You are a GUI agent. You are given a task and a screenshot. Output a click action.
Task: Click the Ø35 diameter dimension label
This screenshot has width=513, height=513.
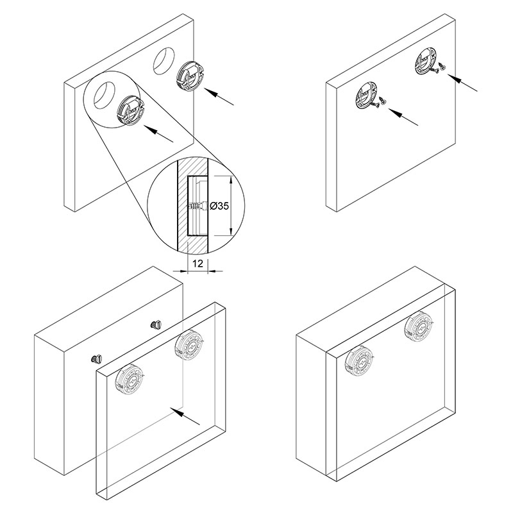(219, 206)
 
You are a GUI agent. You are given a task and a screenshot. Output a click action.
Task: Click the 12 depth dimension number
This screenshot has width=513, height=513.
(198, 263)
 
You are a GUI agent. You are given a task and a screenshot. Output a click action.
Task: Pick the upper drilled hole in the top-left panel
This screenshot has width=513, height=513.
(164, 62)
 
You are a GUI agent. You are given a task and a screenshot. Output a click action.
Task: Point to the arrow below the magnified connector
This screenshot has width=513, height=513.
(158, 134)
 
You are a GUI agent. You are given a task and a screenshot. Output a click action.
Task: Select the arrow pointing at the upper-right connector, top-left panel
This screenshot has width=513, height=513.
(219, 97)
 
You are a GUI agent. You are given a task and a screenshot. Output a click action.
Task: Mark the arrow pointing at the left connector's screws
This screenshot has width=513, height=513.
(403, 117)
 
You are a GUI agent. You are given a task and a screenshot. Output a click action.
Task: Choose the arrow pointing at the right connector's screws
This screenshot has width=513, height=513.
(462, 83)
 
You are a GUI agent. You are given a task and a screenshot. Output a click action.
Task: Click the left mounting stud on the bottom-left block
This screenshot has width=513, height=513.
(97, 359)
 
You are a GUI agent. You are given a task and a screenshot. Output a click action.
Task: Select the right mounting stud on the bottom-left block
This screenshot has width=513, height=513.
(156, 325)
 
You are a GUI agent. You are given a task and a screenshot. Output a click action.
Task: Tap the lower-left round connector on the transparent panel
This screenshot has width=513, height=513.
(131, 380)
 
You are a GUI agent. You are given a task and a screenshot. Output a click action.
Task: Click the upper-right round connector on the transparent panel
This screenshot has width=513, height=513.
(189, 346)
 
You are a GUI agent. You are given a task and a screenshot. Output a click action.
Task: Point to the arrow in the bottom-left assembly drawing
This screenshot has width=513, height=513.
(185, 416)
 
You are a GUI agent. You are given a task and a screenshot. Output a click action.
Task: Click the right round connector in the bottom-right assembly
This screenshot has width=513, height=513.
(419, 326)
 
